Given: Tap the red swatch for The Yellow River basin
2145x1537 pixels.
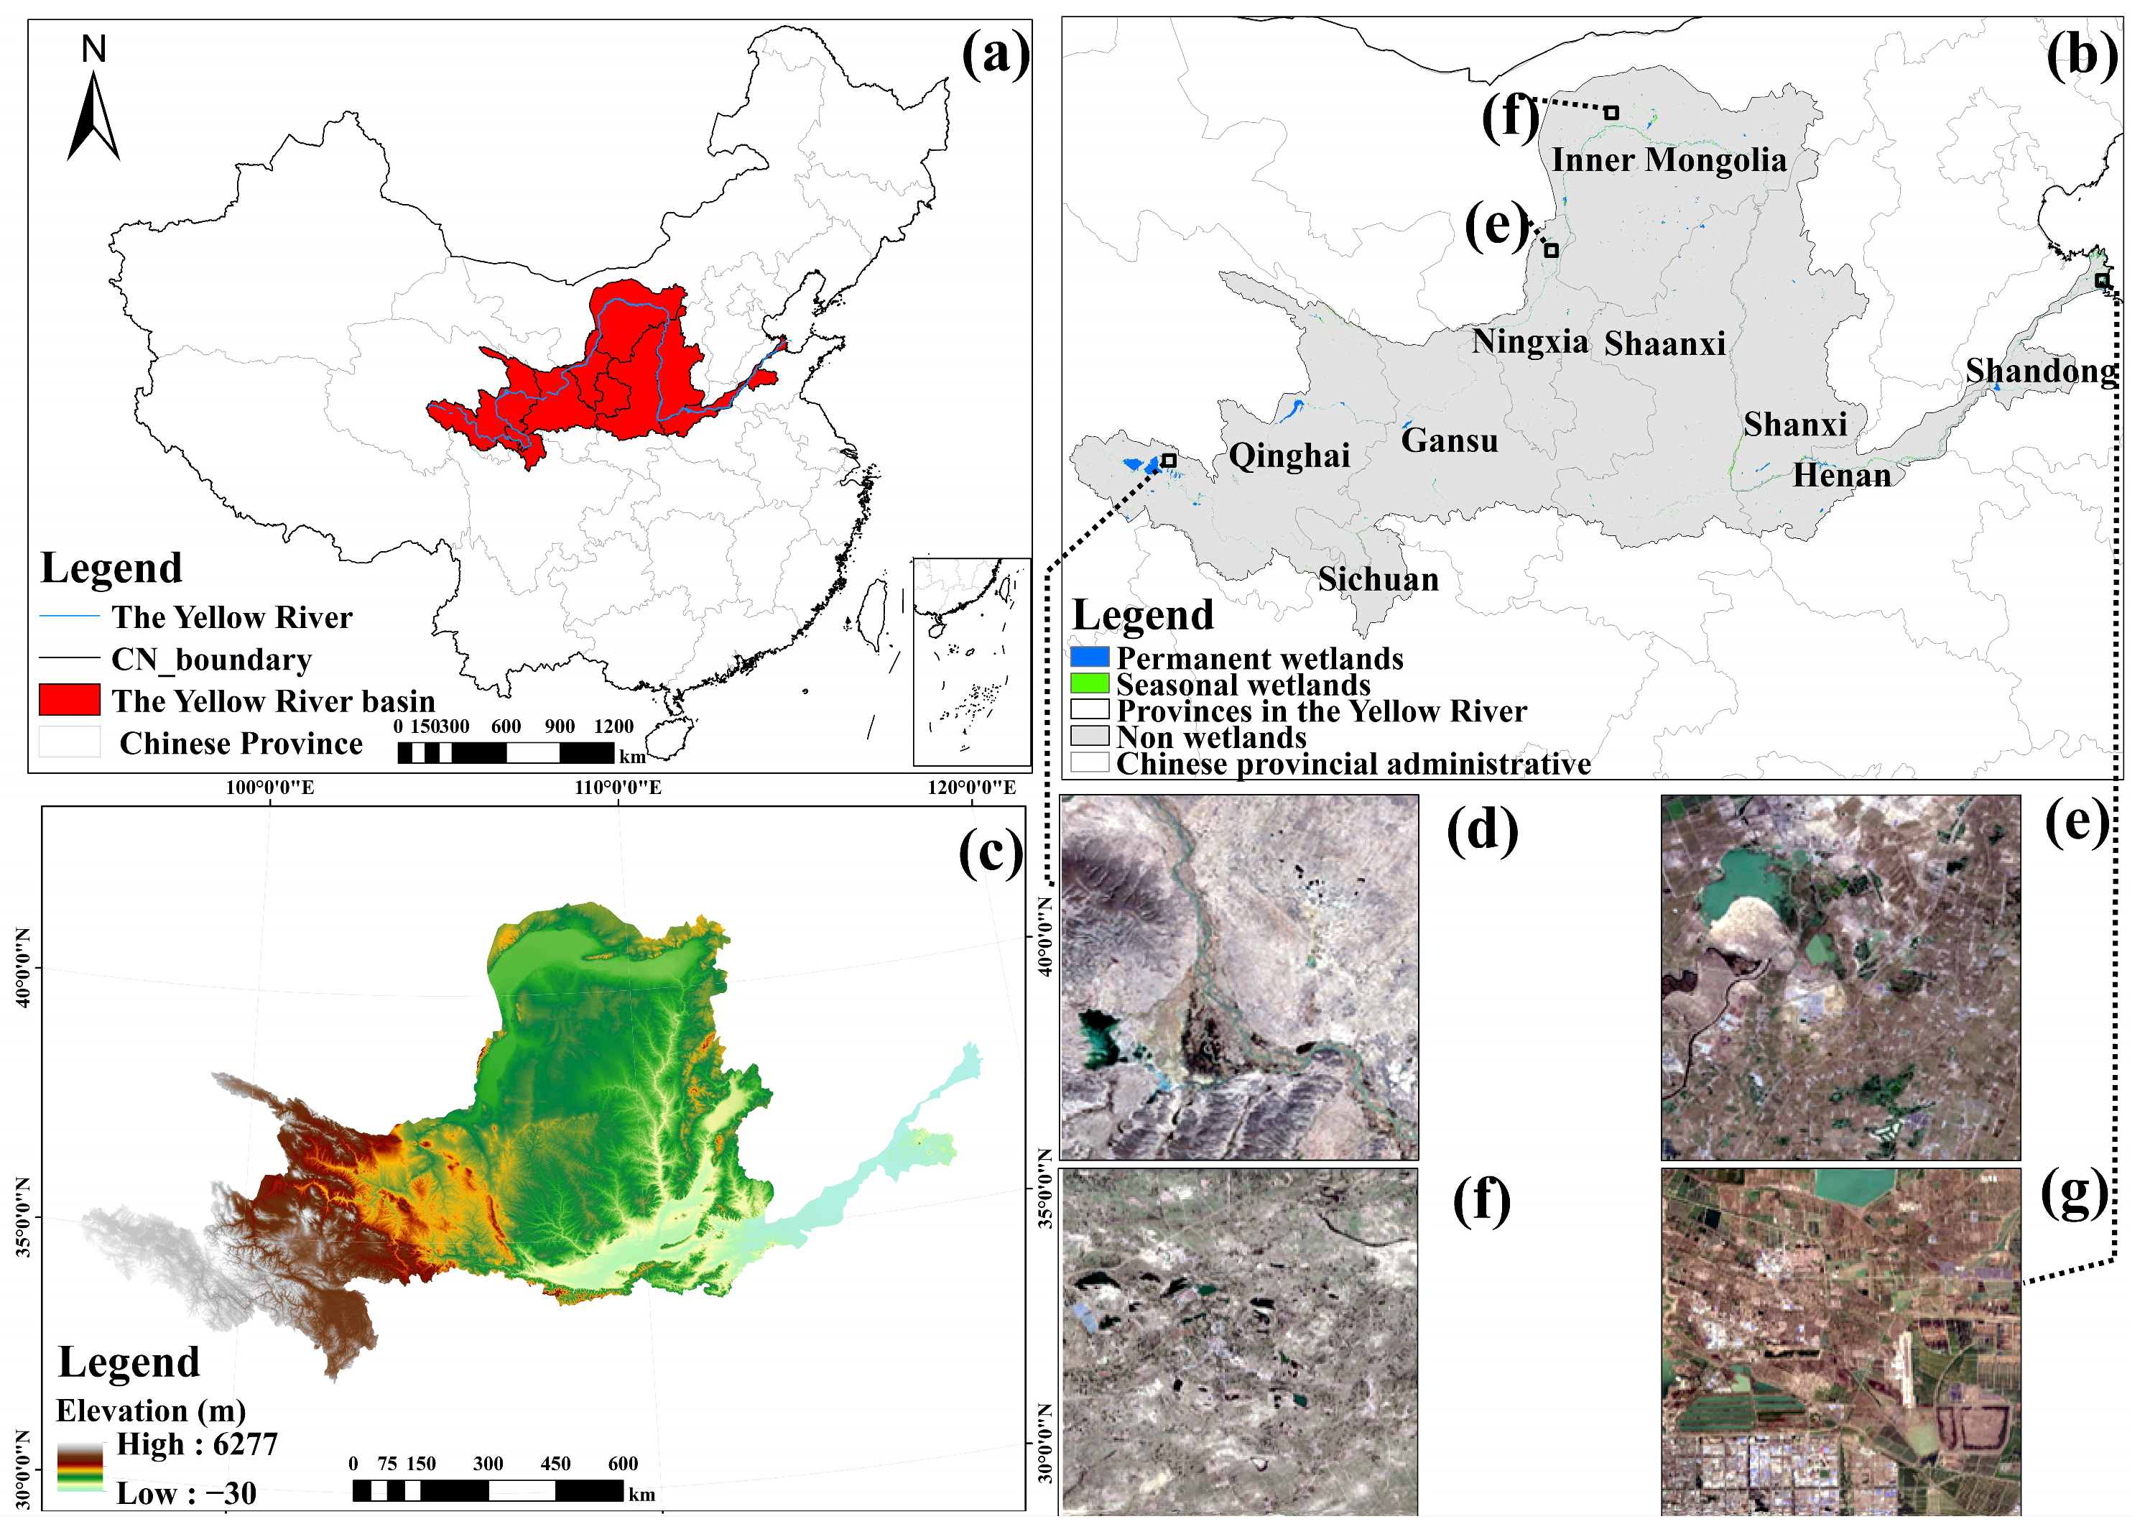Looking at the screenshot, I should [x=69, y=700].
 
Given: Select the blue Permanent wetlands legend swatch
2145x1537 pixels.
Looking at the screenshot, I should [x=1090, y=657].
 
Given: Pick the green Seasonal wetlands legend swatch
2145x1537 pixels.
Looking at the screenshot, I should [x=1090, y=683].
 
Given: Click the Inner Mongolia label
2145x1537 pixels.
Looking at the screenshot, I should [x=1669, y=160].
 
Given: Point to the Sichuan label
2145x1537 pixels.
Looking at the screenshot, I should [x=1379, y=579].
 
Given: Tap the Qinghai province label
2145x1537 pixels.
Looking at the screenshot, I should [x=1289, y=456].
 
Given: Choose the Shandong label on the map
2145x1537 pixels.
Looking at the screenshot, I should [x=2042, y=371].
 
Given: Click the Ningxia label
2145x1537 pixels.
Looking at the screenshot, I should [x=1529, y=341].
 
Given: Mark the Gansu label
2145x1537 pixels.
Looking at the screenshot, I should [x=1449, y=440].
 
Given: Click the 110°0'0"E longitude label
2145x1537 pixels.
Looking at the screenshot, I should [x=619, y=788].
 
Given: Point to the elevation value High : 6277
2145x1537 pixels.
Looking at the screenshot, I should [x=197, y=1444].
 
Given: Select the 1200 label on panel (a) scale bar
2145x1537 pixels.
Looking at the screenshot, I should [x=613, y=726].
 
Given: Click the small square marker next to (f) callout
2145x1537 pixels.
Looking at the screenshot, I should [x=1611, y=113].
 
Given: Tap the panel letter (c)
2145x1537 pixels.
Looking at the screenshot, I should [x=990, y=851].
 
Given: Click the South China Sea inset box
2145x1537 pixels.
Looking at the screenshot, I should [x=971, y=661].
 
